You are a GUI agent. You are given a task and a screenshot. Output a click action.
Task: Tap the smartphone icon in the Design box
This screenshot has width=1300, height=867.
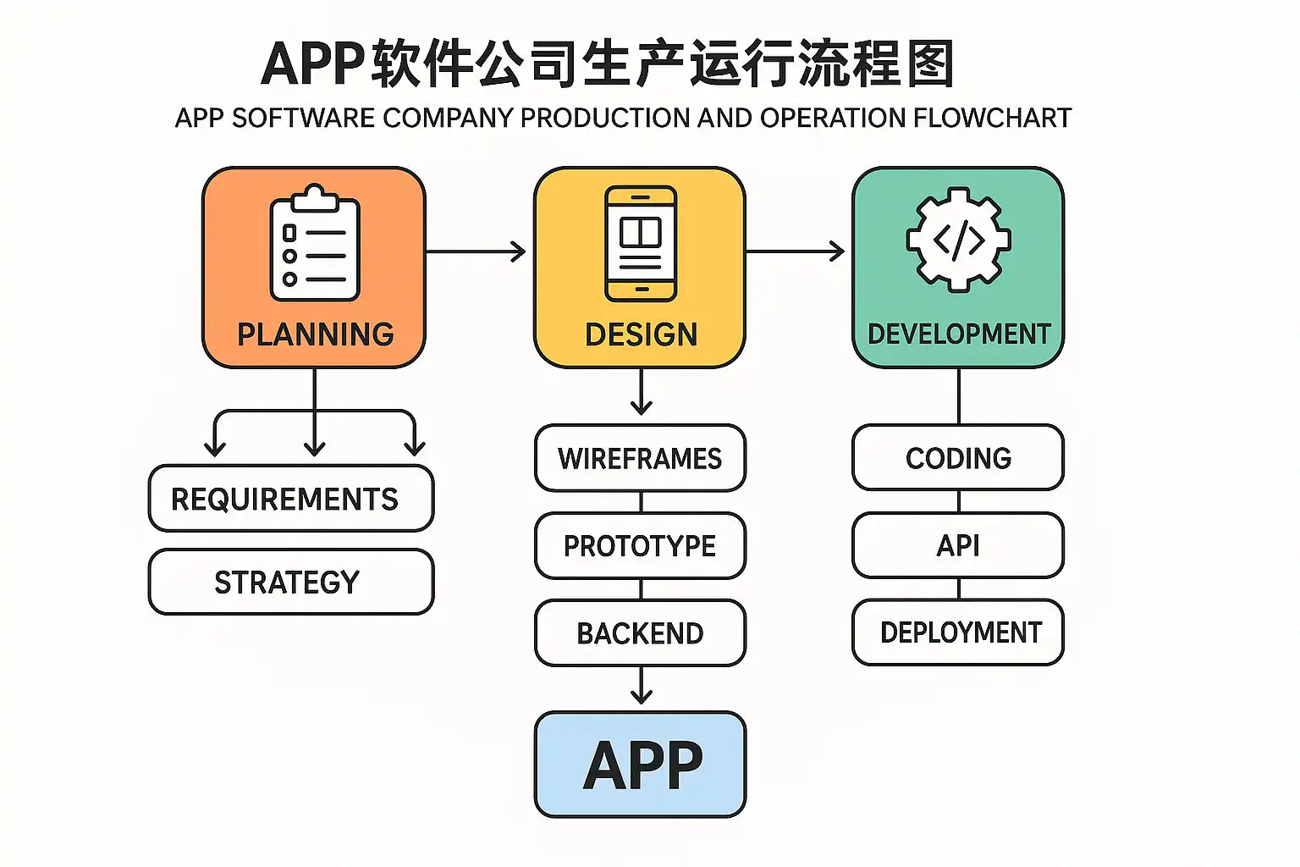click(641, 244)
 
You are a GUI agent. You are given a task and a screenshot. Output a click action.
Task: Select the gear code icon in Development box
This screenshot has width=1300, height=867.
click(958, 240)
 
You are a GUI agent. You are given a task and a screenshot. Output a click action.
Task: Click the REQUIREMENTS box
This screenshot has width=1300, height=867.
click(291, 499)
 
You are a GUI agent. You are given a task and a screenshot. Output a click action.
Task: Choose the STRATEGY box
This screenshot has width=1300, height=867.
click(291, 582)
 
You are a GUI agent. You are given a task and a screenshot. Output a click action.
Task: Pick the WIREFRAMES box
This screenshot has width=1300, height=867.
click(640, 458)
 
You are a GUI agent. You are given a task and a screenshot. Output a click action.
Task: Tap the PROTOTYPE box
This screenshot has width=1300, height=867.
click(640, 545)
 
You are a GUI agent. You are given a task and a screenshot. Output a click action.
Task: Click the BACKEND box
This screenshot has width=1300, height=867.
click(640, 632)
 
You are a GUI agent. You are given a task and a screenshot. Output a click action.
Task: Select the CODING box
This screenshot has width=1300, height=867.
click(958, 458)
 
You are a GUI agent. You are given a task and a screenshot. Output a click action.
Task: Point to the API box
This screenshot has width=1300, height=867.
click(958, 545)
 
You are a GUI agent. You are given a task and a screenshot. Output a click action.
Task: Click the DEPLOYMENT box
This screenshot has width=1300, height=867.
click(958, 632)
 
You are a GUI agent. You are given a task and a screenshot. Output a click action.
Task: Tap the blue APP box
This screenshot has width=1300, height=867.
click(641, 765)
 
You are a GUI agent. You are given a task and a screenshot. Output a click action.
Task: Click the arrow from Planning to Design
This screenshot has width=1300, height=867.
click(476, 251)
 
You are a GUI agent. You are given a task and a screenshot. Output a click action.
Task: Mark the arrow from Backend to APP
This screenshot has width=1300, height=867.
click(642, 686)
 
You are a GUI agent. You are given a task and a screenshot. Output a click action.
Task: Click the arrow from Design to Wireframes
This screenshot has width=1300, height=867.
click(642, 393)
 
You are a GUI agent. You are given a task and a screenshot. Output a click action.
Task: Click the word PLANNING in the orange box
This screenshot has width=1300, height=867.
click(315, 334)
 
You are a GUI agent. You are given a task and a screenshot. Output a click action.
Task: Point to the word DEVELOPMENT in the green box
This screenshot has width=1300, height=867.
click(959, 334)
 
